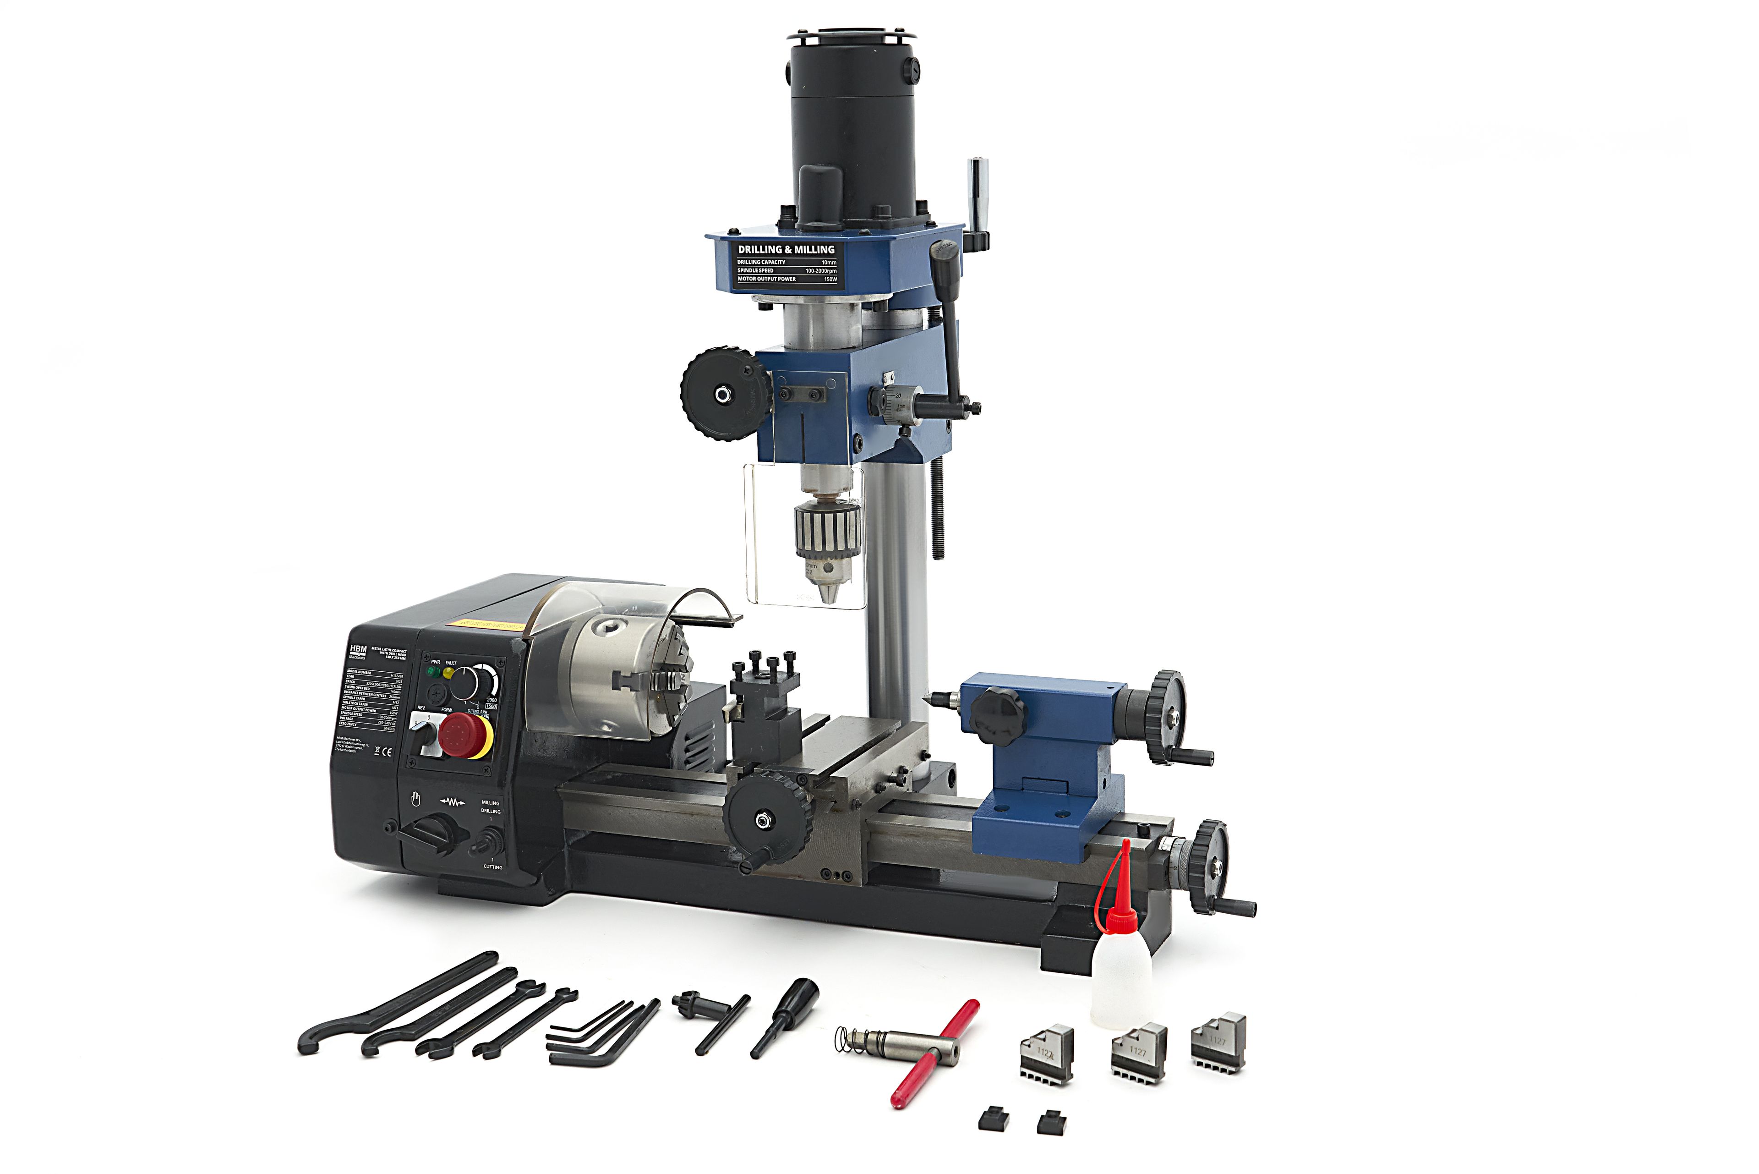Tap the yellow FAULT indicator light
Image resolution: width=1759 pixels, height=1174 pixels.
click(x=449, y=672)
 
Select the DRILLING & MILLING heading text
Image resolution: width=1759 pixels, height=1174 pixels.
click(x=786, y=249)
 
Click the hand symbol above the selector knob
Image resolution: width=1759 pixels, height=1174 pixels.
click(x=416, y=801)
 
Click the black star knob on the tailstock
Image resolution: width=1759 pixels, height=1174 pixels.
click(x=995, y=711)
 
